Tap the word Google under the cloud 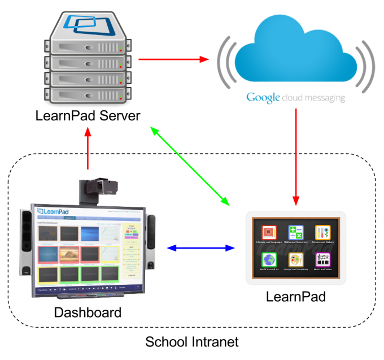[x=263, y=97]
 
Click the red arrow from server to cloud [x=173, y=58]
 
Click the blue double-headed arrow [x=201, y=248]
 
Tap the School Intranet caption [x=192, y=342]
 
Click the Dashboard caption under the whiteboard [x=88, y=312]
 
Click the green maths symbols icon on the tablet [x=295, y=233]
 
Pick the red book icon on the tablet [x=268, y=233]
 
